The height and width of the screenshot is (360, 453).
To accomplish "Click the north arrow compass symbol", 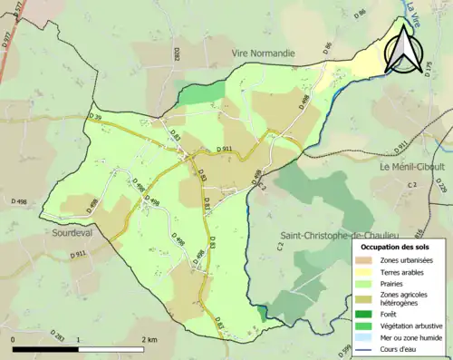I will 405,47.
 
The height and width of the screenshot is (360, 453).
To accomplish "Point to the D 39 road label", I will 95,117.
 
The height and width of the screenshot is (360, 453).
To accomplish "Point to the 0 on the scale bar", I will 13,338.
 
